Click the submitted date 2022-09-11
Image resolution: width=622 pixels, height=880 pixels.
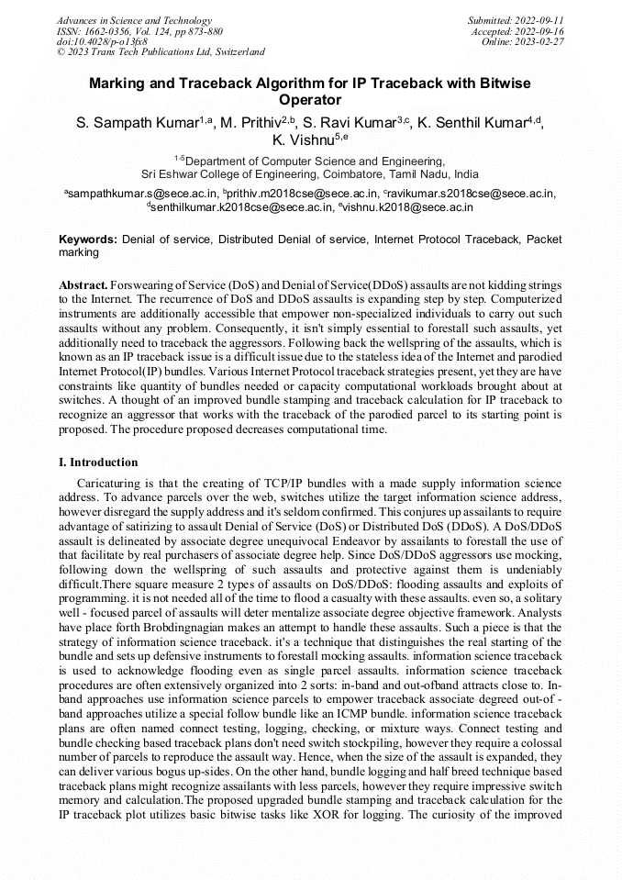(x=542, y=20)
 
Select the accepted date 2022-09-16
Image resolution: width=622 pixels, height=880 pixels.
(x=542, y=31)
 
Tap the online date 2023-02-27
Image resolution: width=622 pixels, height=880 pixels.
(x=542, y=41)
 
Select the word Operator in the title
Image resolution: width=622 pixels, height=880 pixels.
(x=310, y=100)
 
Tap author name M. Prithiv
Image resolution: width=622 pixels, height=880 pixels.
(x=250, y=123)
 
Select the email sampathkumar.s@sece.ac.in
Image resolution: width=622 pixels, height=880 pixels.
(x=144, y=194)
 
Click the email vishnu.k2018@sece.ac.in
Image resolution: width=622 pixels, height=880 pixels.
(x=408, y=207)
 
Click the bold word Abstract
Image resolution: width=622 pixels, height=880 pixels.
(x=83, y=285)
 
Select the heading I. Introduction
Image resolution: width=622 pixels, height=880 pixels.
(x=98, y=462)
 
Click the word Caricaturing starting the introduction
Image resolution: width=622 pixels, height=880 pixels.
(x=109, y=483)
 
